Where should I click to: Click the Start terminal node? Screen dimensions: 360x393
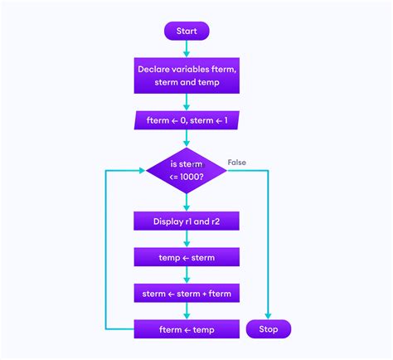click(187, 32)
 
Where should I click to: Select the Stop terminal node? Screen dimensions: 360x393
click(269, 329)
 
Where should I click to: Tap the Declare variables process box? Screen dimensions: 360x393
click(187, 75)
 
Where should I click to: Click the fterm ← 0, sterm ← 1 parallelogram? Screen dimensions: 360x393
click(187, 121)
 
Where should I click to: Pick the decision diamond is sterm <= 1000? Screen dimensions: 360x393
click(187, 170)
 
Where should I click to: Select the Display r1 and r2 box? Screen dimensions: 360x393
click(187, 221)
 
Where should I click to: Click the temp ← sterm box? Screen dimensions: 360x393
click(187, 257)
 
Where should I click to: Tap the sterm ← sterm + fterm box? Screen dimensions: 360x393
click(187, 293)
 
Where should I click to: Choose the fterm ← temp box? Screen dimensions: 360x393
click(187, 329)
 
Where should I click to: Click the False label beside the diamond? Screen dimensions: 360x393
click(237, 163)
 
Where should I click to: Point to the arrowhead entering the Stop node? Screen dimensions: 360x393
click(269, 316)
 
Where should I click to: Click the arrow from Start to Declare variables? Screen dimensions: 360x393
click(187, 50)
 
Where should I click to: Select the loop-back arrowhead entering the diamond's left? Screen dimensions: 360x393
click(142, 170)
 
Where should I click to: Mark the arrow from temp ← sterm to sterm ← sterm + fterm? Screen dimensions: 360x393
click(187, 275)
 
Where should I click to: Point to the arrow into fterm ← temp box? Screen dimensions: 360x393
click(187, 311)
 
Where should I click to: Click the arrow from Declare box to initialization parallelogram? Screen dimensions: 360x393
click(187, 102)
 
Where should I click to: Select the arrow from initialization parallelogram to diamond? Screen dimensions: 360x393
click(187, 139)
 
